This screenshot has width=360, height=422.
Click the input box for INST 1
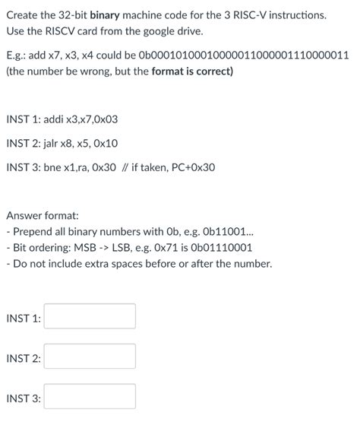click(90, 316)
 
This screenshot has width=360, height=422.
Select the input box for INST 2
click(90, 357)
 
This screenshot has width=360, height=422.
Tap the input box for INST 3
click(90, 397)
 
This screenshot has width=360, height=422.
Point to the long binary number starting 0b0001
click(242, 56)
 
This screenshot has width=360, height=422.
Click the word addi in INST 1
click(58, 119)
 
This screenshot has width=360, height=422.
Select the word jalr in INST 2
click(56, 143)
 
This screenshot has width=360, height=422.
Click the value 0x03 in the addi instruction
click(105, 119)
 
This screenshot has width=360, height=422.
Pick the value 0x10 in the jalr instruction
click(106, 143)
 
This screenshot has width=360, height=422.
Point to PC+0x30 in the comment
click(194, 167)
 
